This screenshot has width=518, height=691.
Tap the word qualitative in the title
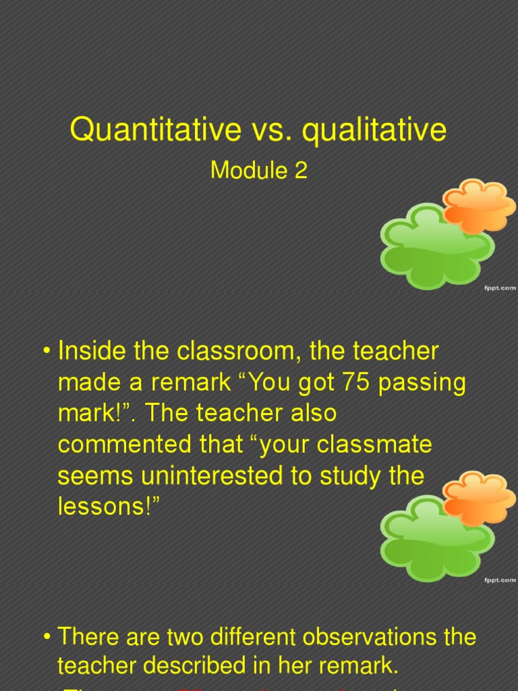point(374,130)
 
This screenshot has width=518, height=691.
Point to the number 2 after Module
point(301,171)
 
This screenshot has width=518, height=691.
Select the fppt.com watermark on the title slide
point(499,288)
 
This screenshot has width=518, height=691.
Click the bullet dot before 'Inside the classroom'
point(47,352)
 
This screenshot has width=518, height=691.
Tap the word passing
point(423,383)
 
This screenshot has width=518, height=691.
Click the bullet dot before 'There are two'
point(47,637)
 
